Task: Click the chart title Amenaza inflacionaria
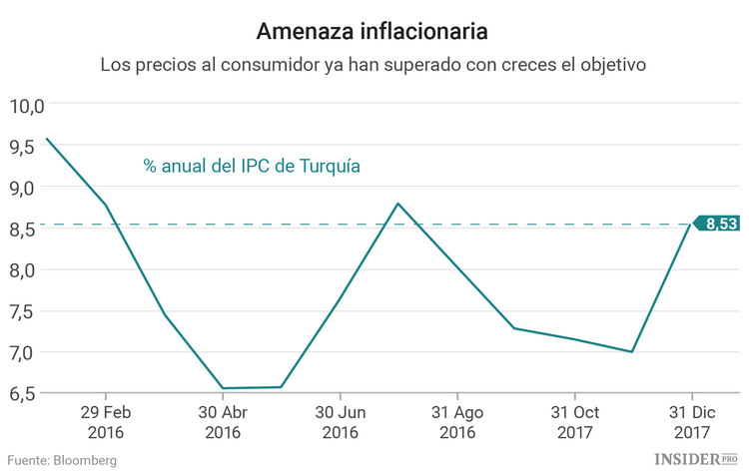coord(373,31)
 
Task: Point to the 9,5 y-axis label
coord(22,146)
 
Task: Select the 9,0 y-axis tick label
coord(22,188)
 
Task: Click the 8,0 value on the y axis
coord(22,270)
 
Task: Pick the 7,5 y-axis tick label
coord(22,311)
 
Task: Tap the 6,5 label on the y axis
coord(22,394)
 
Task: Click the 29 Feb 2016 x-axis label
coord(105,422)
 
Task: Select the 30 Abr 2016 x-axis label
coord(222,422)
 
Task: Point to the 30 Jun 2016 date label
coord(340,422)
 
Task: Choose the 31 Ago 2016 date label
coord(457,422)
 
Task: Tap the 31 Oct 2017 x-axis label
coord(574,422)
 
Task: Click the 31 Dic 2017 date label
coord(691,422)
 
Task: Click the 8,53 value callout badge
coord(719,225)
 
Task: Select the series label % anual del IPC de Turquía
coord(251,166)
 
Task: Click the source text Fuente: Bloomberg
coord(62,460)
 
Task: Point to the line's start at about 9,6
coord(47,139)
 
